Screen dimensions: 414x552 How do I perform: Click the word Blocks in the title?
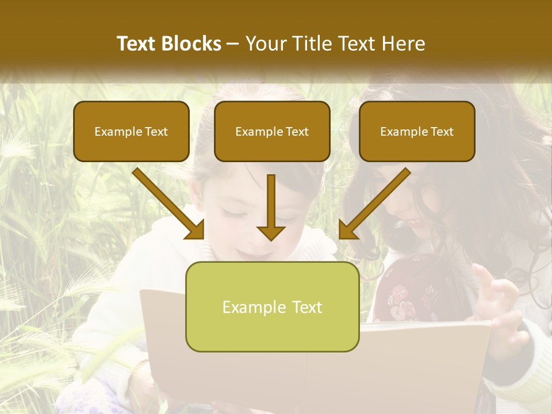point(192,44)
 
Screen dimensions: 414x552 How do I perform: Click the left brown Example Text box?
point(131,131)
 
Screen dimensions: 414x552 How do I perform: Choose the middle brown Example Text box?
point(272,131)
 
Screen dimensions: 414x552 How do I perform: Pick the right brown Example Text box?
point(417,131)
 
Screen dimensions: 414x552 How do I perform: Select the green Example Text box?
point(272,306)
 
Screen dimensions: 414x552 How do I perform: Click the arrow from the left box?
point(167,202)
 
